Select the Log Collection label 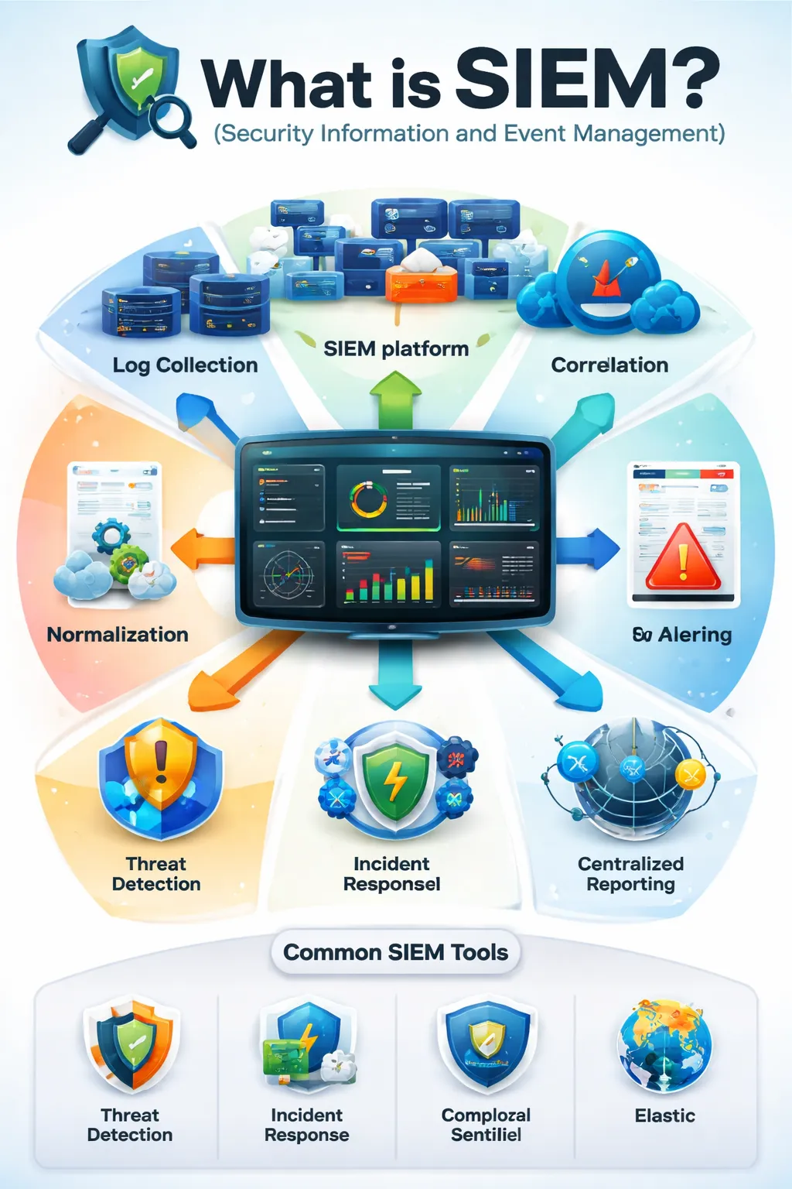185,365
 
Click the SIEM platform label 396,349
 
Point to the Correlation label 609,365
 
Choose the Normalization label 118,635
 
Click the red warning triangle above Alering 683,557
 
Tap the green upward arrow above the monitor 395,399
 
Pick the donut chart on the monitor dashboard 369,499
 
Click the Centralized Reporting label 630,874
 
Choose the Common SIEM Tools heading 395,952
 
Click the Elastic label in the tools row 664,1115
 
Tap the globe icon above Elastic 664,1045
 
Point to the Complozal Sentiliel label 486,1125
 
